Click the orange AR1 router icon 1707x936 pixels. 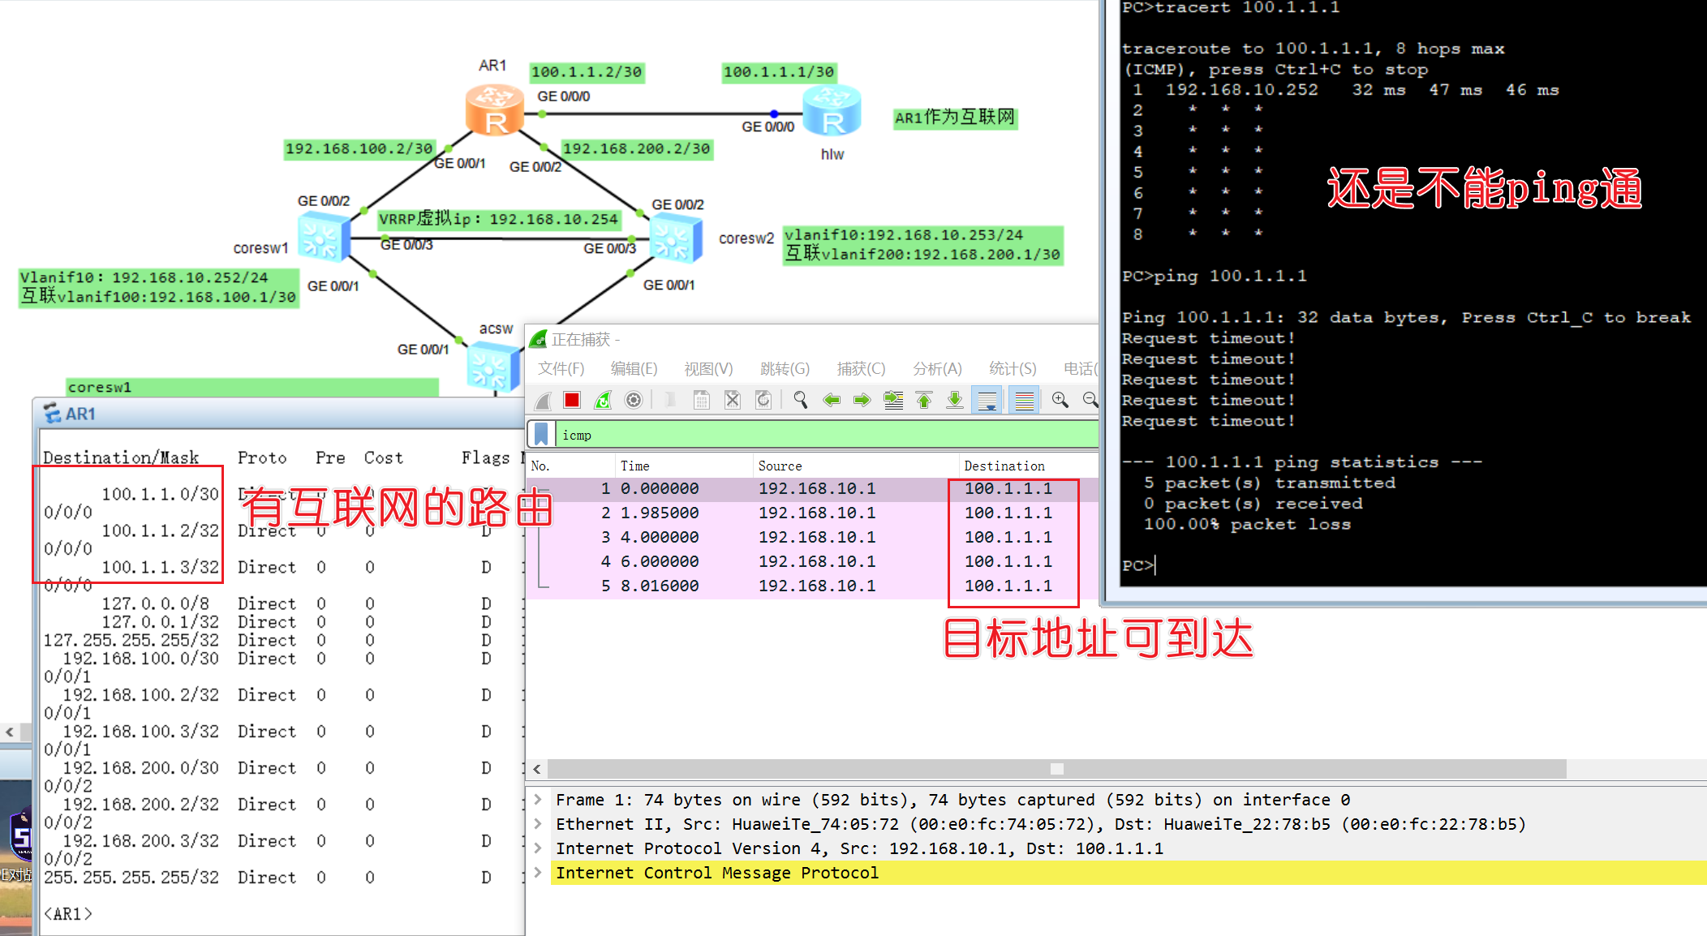point(493,110)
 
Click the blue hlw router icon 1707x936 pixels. point(832,111)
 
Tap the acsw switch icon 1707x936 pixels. point(492,367)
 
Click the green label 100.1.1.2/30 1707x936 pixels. point(587,72)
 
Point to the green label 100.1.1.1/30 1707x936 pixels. point(779,72)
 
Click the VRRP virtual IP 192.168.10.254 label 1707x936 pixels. point(499,219)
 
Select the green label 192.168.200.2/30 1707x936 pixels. point(636,148)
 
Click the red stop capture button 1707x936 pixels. point(572,400)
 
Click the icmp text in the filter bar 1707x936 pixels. point(577,436)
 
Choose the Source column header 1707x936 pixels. point(780,466)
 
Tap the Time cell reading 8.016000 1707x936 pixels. point(660,586)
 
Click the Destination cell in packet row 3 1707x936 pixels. point(1008,537)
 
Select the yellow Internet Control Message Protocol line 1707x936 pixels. point(716,873)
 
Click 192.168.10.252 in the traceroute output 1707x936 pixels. point(1241,90)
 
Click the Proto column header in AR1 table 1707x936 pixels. point(262,457)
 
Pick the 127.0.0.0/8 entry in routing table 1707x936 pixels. point(155,603)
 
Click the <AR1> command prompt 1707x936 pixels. point(67,914)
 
